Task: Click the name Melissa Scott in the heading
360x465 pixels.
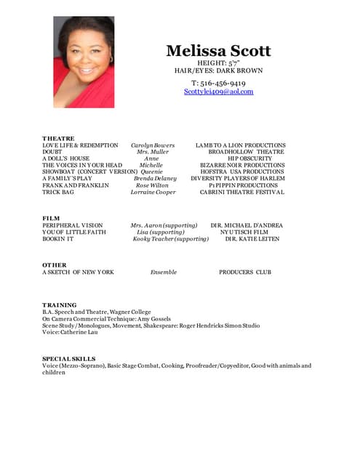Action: [x=218, y=51]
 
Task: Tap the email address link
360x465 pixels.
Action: [x=218, y=92]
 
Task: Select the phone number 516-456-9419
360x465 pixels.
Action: [x=218, y=83]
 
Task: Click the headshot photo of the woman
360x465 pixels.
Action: [x=84, y=62]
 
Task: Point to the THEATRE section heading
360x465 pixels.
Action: [x=58, y=138]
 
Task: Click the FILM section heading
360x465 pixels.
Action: [x=51, y=218]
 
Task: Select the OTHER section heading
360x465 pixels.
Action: [x=55, y=265]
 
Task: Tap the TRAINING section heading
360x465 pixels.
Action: [x=60, y=305]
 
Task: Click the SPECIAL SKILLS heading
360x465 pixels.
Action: [x=70, y=359]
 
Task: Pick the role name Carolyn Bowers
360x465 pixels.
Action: [x=153, y=145]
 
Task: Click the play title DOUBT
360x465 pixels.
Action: [x=53, y=152]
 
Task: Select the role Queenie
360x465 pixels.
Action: [x=150, y=172]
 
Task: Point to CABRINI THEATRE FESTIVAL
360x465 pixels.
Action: [x=242, y=193]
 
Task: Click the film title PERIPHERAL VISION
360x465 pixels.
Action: [x=73, y=225]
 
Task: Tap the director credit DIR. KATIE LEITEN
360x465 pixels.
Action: [x=252, y=239]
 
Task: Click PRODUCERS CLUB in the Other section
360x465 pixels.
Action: [x=244, y=272]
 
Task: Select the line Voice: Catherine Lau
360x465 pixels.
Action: [x=70, y=333]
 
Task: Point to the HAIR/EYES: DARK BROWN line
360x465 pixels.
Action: [x=218, y=71]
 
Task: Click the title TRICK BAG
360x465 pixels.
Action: [x=58, y=193]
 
